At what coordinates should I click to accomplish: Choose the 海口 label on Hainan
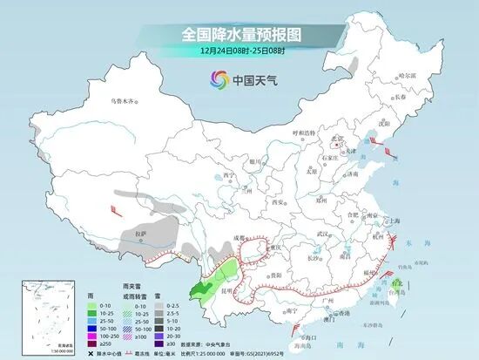click(307, 323)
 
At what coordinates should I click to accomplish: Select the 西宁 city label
click(230, 174)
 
